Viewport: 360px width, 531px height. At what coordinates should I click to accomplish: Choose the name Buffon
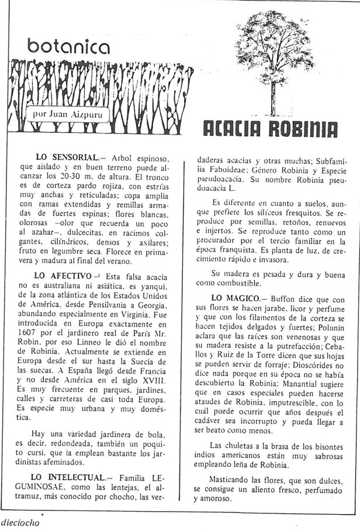pos(280,298)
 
